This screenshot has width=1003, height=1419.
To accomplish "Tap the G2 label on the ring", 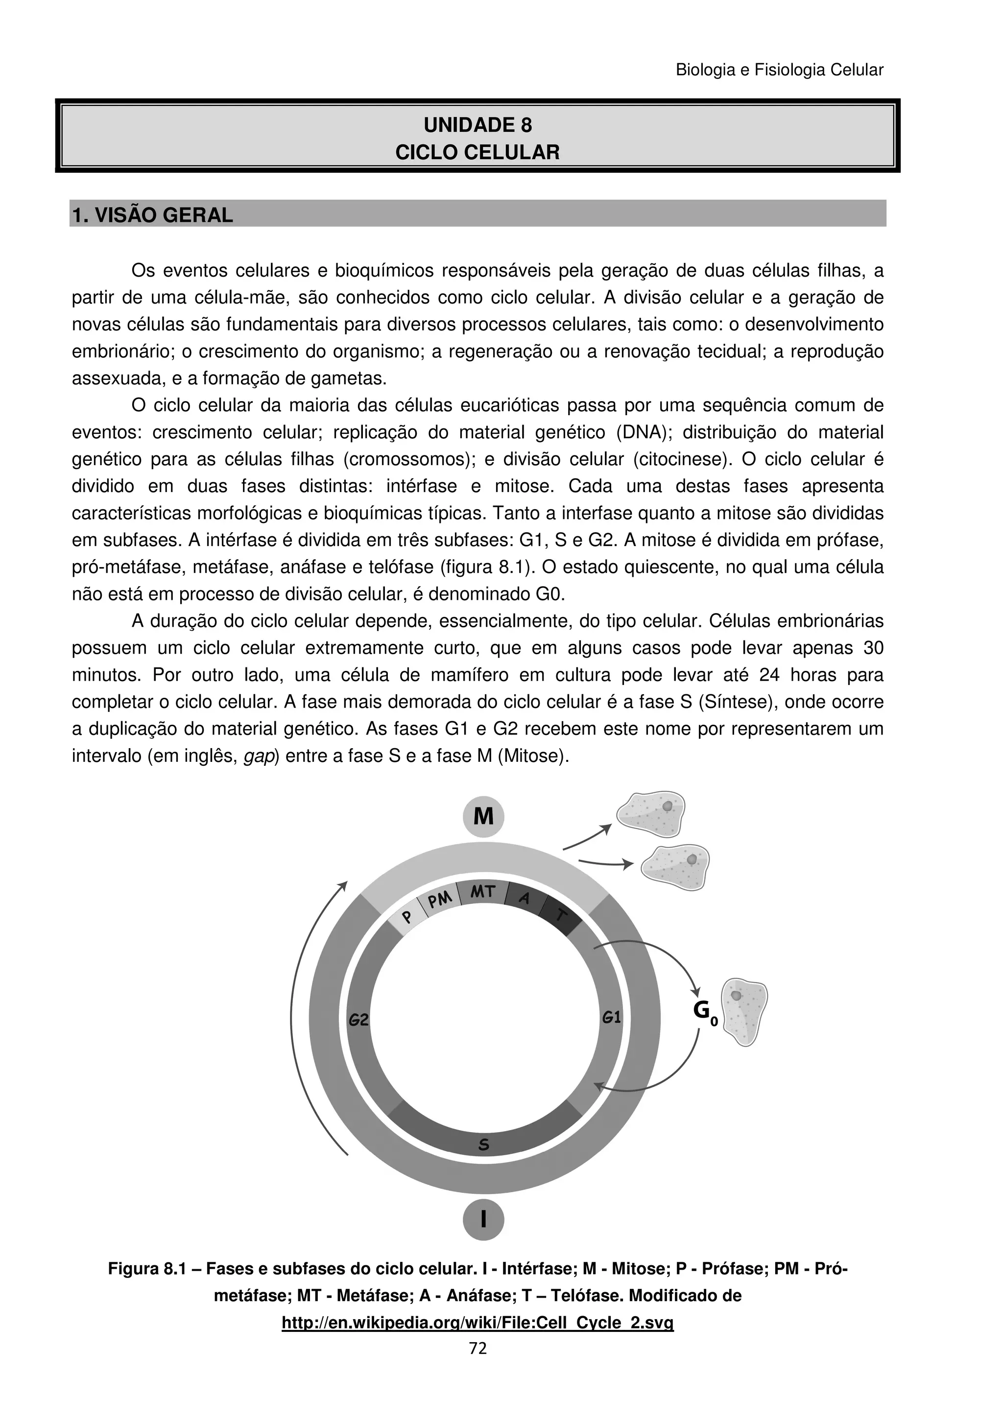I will [x=358, y=1020].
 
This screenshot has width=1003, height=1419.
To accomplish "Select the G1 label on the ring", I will [x=611, y=1017].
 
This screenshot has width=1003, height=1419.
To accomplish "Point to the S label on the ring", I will [x=484, y=1145].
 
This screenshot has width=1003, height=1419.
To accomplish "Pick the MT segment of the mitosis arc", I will [x=483, y=892].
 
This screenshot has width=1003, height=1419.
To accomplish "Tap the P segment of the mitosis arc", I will [x=406, y=917].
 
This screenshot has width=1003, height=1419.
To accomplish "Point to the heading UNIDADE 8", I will [x=477, y=125].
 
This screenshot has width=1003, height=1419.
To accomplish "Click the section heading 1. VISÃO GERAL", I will [x=153, y=215].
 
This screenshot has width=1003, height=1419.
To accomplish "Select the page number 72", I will [x=478, y=1348].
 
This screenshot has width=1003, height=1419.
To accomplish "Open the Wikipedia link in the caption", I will [x=477, y=1323].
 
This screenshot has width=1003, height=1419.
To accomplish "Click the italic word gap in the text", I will [x=259, y=757].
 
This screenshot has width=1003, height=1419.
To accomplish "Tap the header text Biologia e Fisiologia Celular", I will [x=779, y=70].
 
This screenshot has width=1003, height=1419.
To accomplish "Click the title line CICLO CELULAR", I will [x=477, y=152].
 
